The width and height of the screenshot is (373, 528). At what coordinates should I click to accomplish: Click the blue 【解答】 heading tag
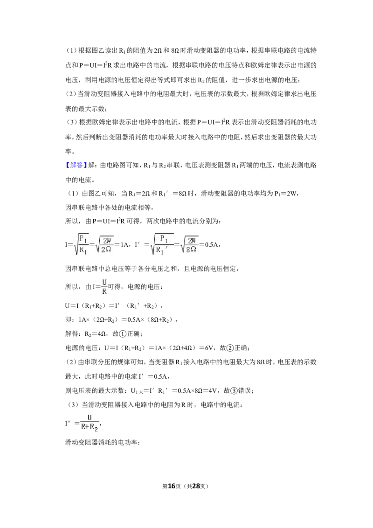pos(76,165)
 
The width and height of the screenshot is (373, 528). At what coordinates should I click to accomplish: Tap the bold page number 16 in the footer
pos(172,486)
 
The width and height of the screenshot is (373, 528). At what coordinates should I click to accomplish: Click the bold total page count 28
pos(197,486)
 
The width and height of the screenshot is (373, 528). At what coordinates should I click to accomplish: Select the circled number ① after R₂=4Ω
pos(123,333)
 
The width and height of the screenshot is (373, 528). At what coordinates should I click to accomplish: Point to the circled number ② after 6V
pos(230,348)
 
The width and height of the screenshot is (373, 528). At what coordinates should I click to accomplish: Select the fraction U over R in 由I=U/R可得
pos(104,286)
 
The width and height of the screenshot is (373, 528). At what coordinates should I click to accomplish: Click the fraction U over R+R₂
pos(90,423)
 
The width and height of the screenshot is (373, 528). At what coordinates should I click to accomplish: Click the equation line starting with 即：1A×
pos(121,320)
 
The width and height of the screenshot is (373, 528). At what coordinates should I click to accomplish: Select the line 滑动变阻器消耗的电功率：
pos(103,442)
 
